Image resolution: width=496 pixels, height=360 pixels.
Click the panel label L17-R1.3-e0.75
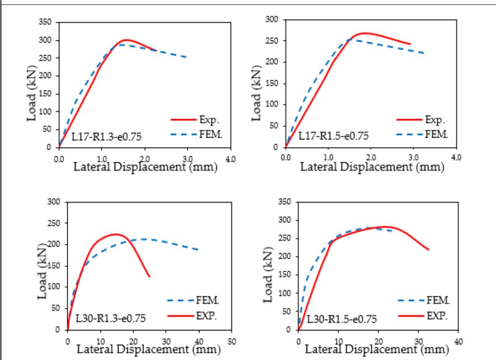[x=107, y=137]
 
